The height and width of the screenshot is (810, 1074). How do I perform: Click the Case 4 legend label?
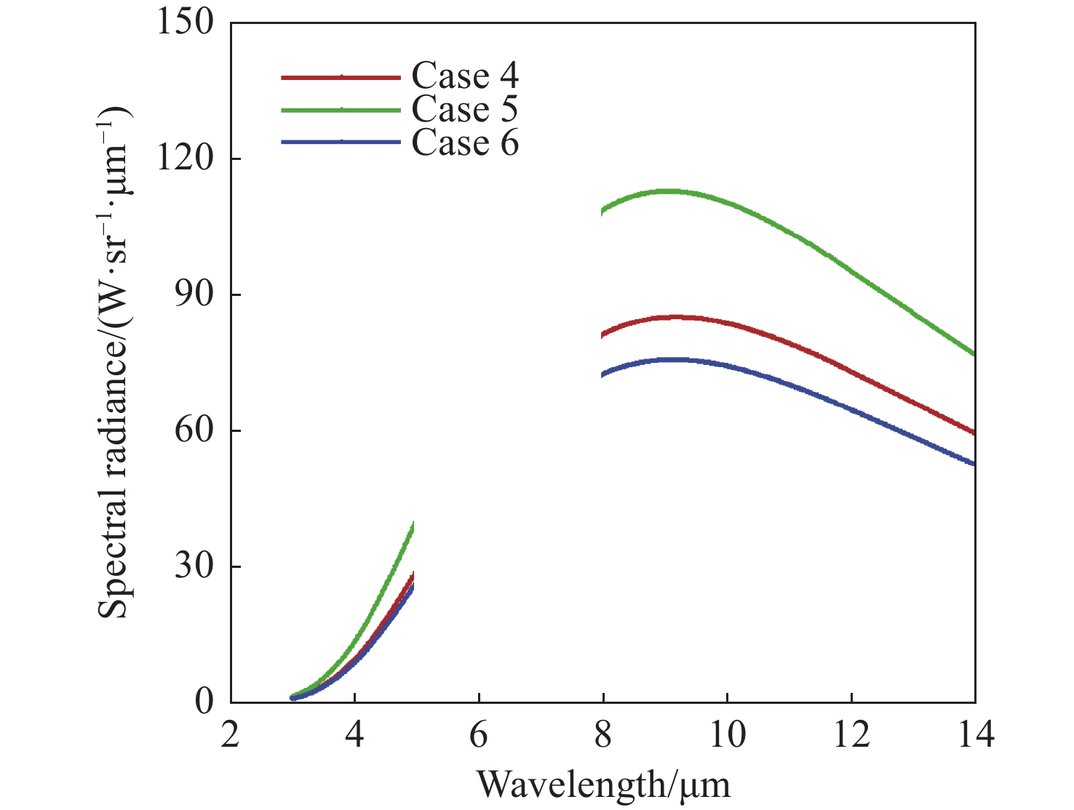pyautogui.click(x=465, y=76)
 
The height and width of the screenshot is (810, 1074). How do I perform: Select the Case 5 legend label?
pyautogui.click(x=465, y=109)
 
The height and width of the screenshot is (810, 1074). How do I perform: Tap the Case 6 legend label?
pyautogui.click(x=465, y=143)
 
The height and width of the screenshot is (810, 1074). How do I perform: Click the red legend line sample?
pyautogui.click(x=341, y=76)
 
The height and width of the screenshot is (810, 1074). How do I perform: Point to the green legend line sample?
pyautogui.click(x=341, y=110)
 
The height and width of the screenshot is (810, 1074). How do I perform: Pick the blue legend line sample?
pyautogui.click(x=341, y=143)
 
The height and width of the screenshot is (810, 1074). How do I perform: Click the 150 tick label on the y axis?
pyautogui.click(x=186, y=23)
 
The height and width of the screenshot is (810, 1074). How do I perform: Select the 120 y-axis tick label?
pyautogui.click(x=186, y=159)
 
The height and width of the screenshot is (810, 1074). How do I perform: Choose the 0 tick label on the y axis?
pyautogui.click(x=204, y=702)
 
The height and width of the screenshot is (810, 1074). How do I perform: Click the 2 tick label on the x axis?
pyautogui.click(x=231, y=736)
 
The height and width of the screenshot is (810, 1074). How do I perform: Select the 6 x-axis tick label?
pyautogui.click(x=479, y=736)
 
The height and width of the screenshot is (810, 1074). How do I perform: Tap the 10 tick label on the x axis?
pyautogui.click(x=727, y=736)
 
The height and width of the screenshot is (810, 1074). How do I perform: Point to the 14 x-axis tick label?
pyautogui.click(x=975, y=736)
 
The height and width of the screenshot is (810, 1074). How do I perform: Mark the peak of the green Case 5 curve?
pyautogui.click(x=667, y=191)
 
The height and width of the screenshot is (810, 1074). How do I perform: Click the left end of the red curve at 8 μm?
pyautogui.click(x=603, y=335)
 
